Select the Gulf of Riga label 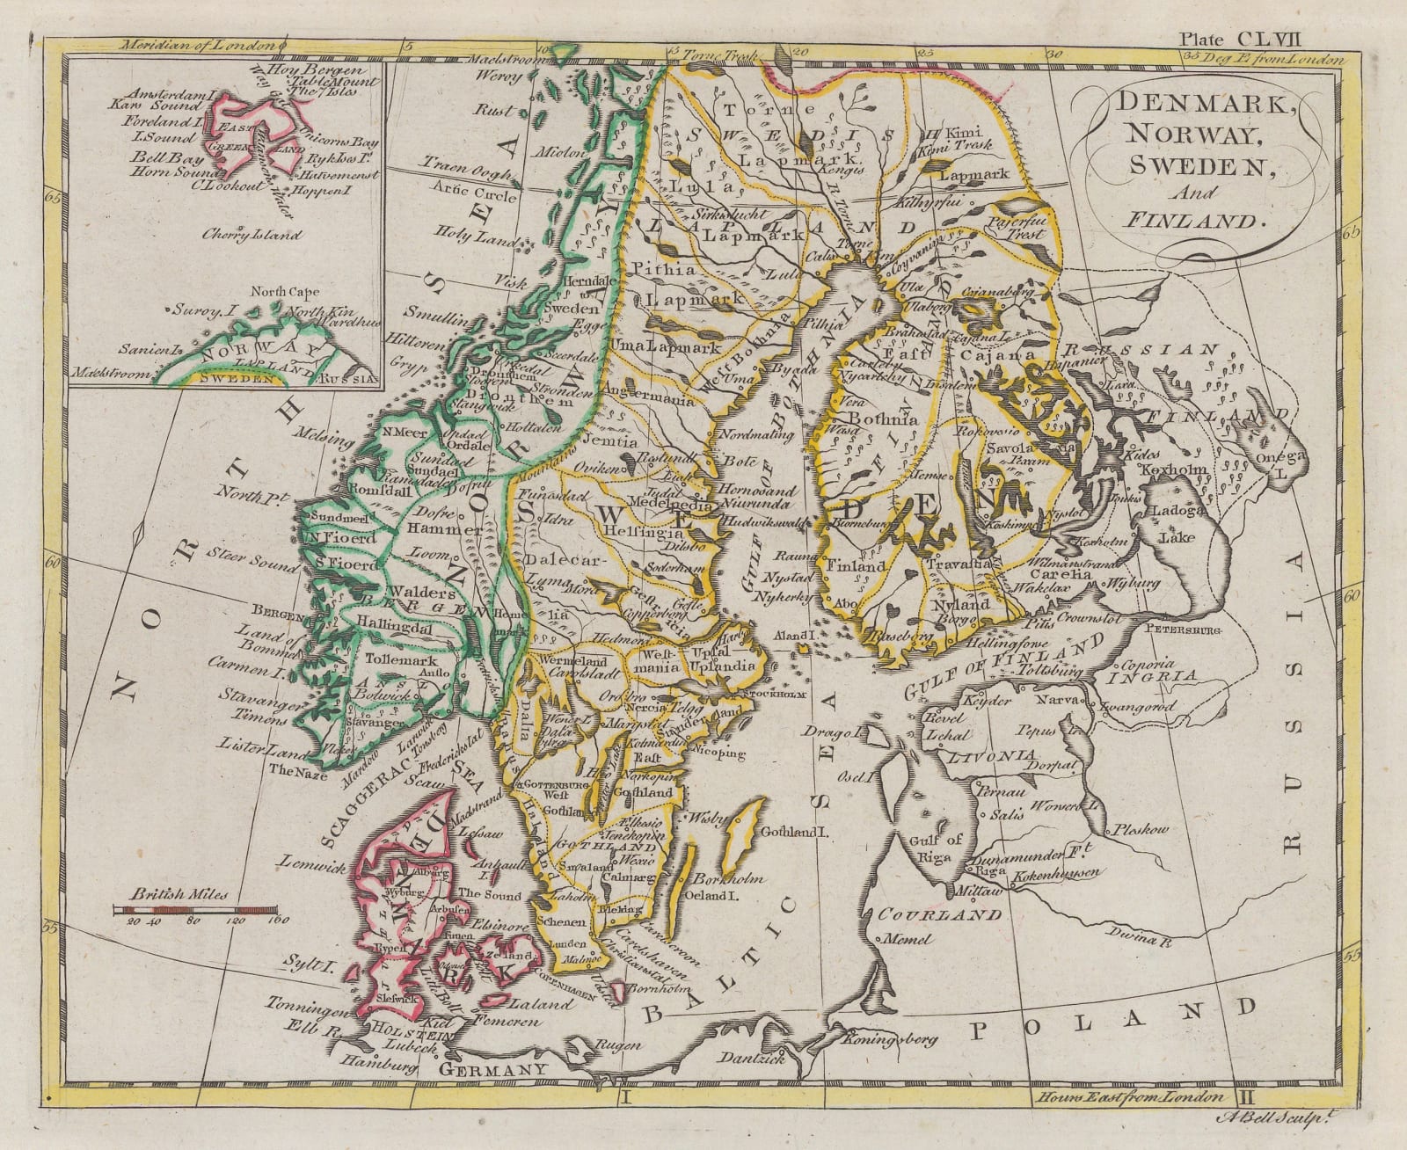(933, 846)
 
